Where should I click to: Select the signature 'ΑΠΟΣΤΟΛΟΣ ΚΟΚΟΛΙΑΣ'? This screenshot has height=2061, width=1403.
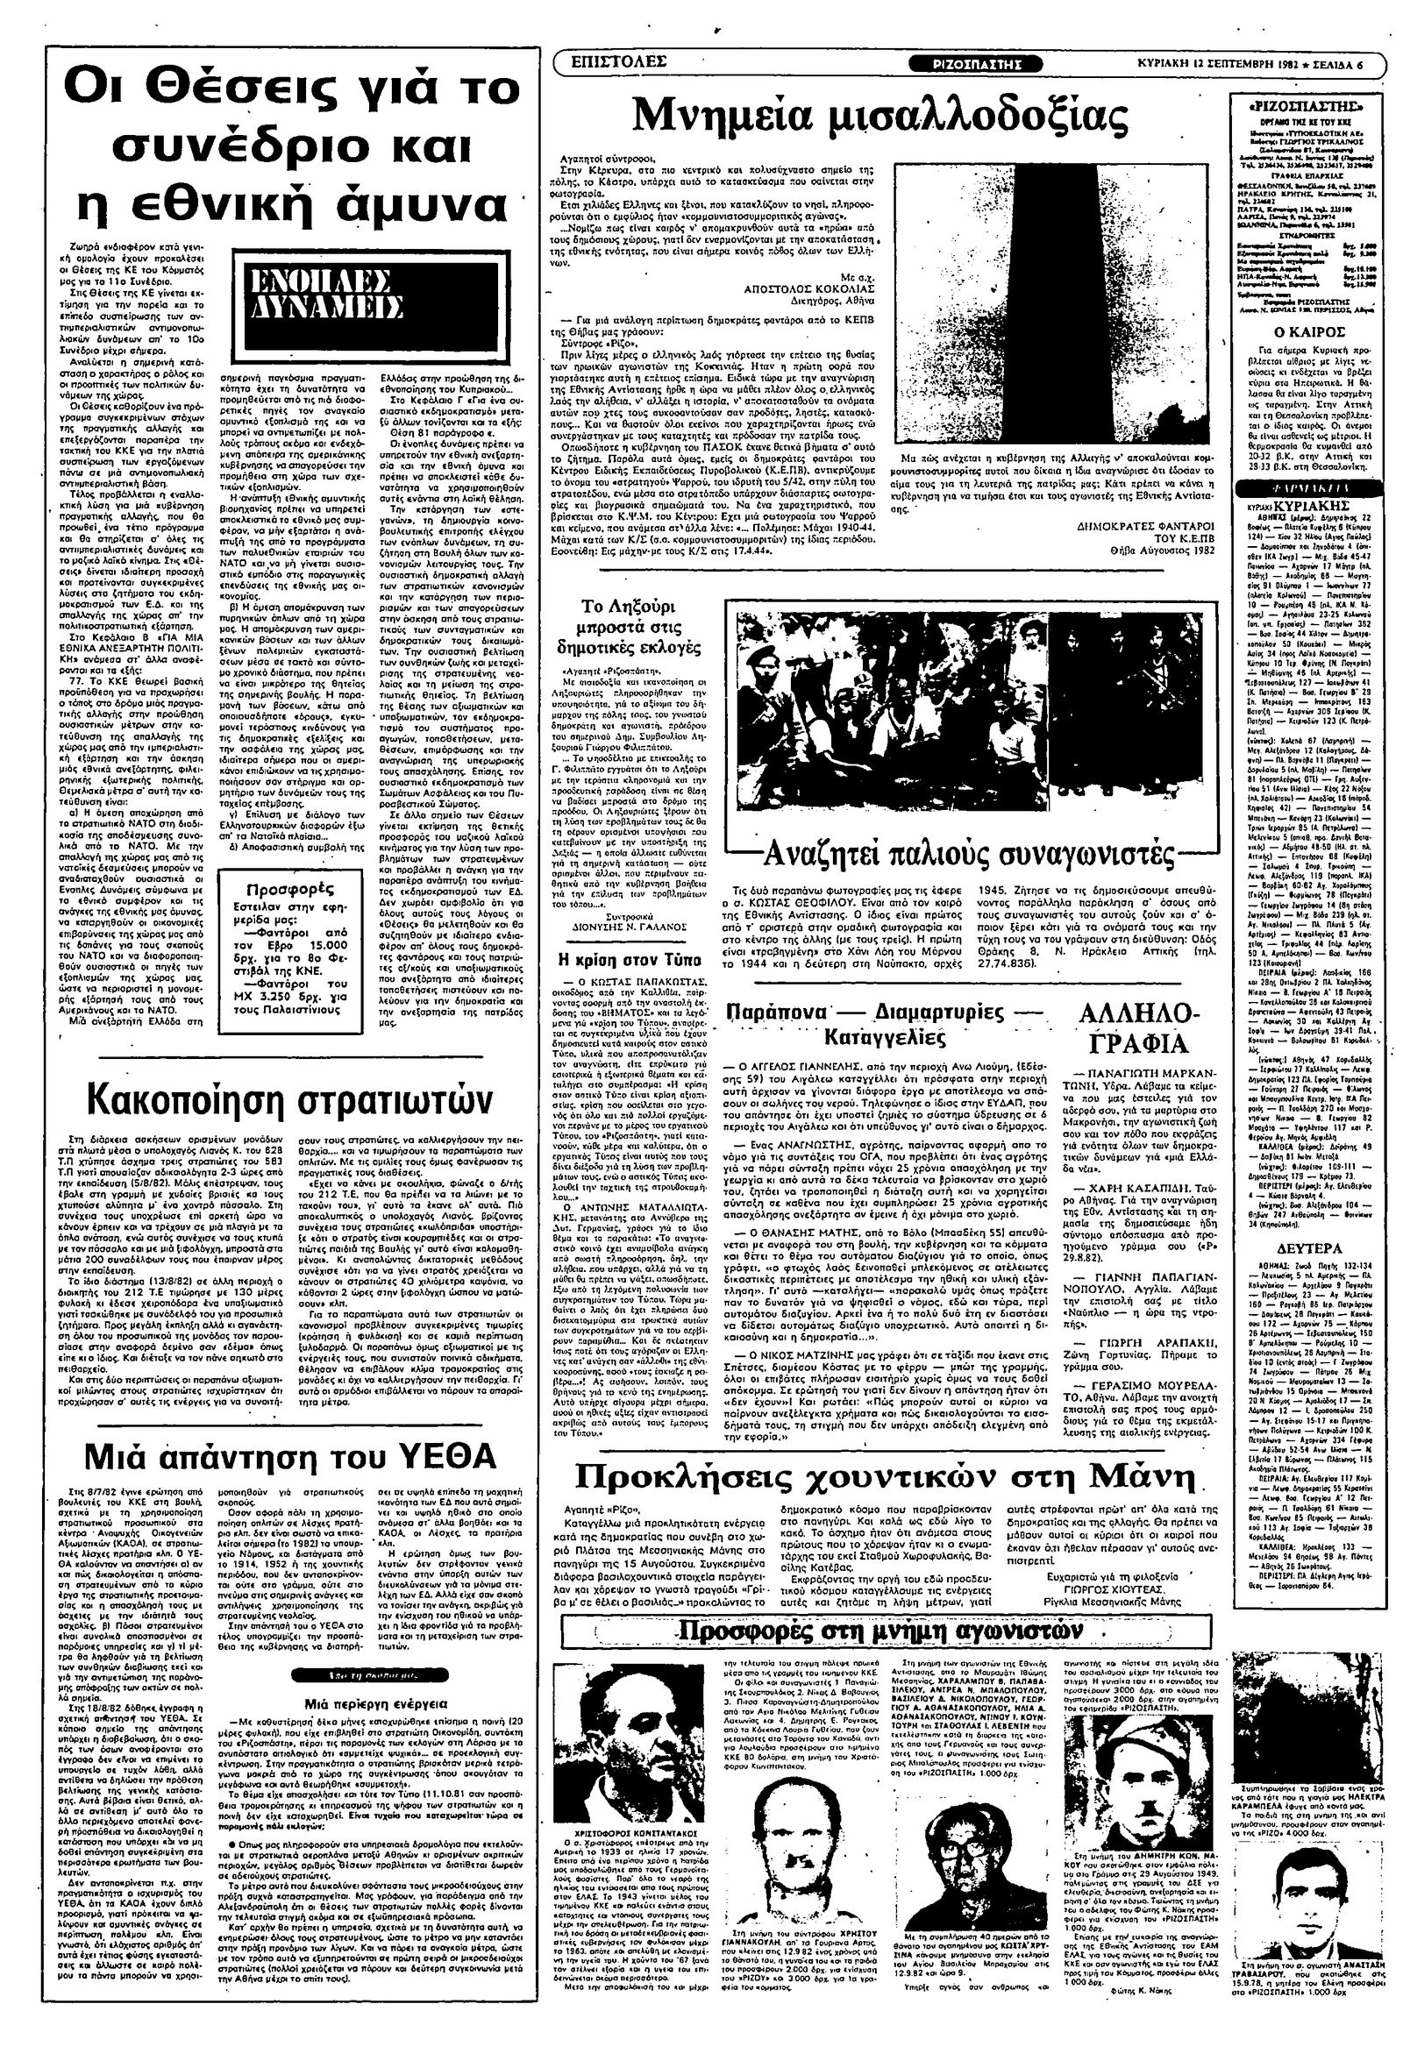pos(801,288)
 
